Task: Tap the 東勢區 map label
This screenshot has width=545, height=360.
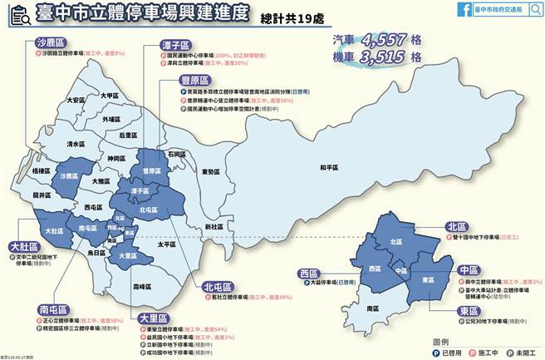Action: tap(210, 172)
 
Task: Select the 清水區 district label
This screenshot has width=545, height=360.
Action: tap(76, 144)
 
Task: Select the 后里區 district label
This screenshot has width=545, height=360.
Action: tap(127, 135)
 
